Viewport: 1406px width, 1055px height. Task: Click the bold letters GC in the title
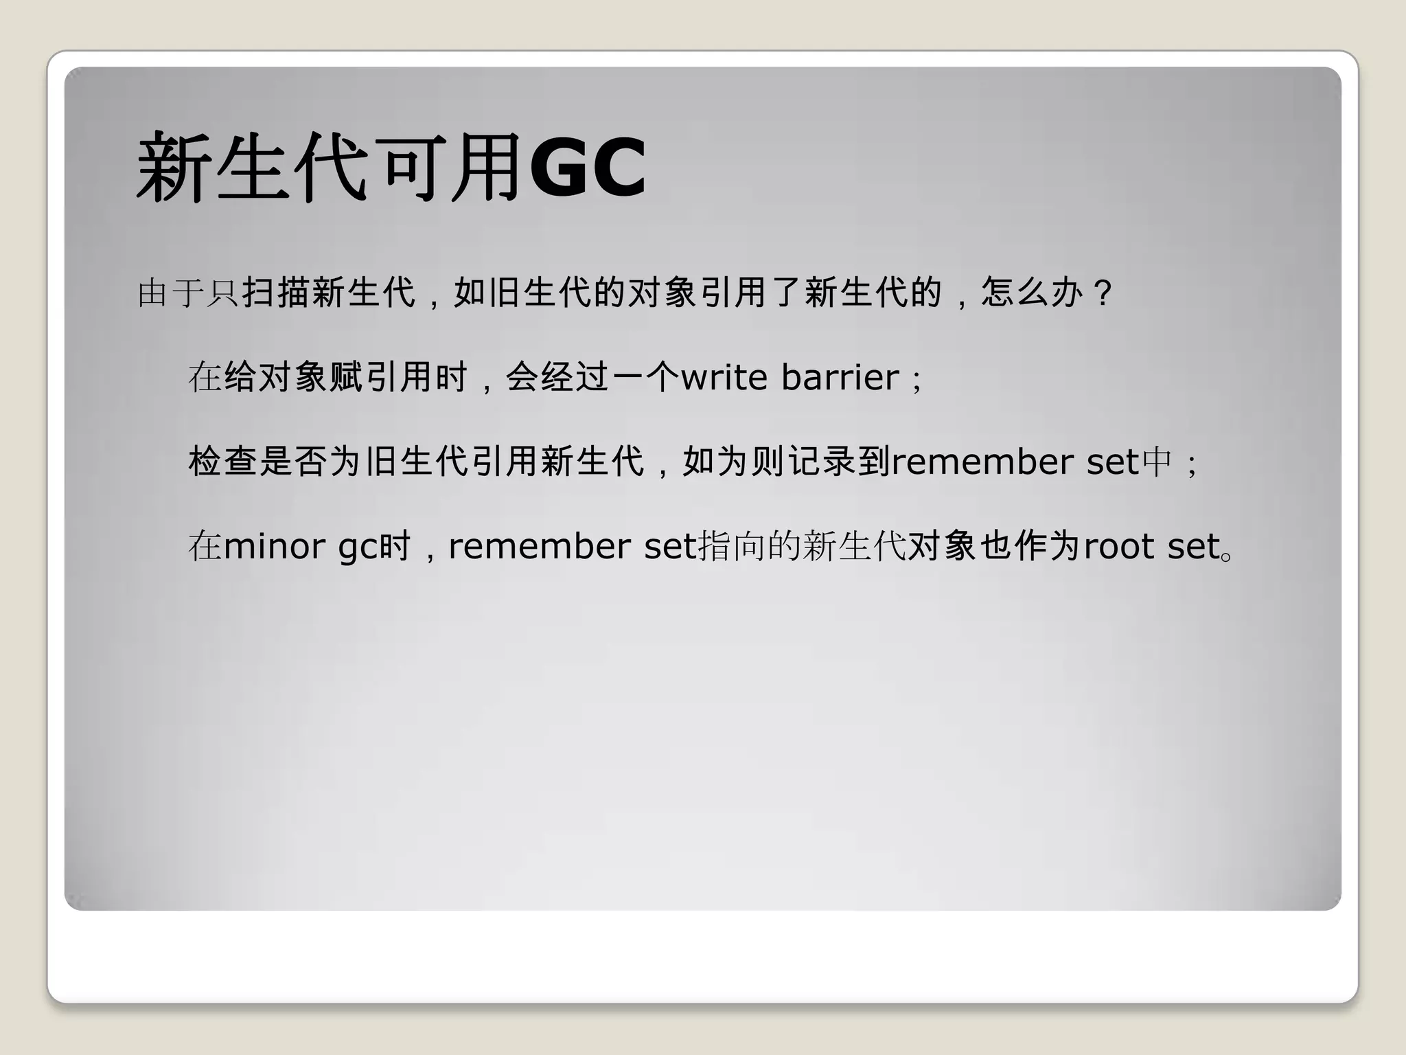pos(588,168)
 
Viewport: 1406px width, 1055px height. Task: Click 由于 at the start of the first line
pos(171,293)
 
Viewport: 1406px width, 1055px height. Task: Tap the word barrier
pos(840,377)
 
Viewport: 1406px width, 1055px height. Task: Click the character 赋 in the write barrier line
pos(347,377)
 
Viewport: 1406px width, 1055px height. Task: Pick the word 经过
pos(575,377)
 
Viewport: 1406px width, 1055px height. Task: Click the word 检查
pos(223,462)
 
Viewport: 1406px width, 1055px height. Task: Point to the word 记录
pos(822,462)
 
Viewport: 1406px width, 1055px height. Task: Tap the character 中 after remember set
pos(1155,462)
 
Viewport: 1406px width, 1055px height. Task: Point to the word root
pos(1122,547)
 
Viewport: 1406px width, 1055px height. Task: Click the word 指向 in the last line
pos(732,547)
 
